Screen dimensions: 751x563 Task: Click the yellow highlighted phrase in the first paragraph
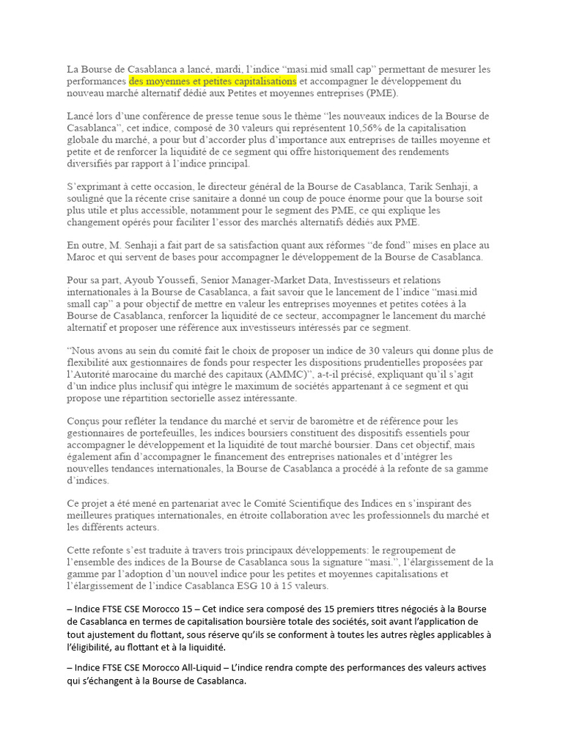click(213, 81)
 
